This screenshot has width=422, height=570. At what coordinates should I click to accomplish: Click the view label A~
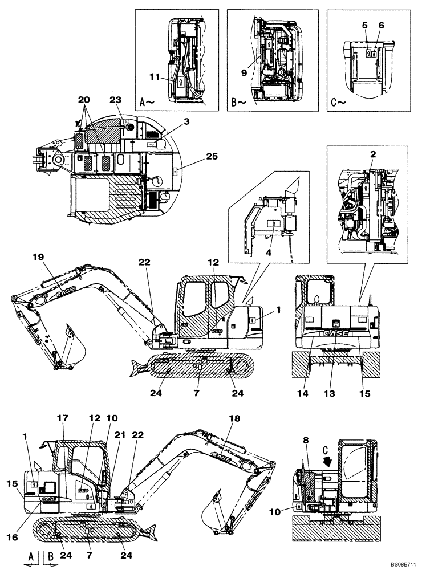(147, 103)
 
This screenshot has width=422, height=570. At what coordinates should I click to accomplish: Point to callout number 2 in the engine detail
(372, 154)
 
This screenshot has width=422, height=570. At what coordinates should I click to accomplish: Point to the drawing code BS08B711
(404, 563)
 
